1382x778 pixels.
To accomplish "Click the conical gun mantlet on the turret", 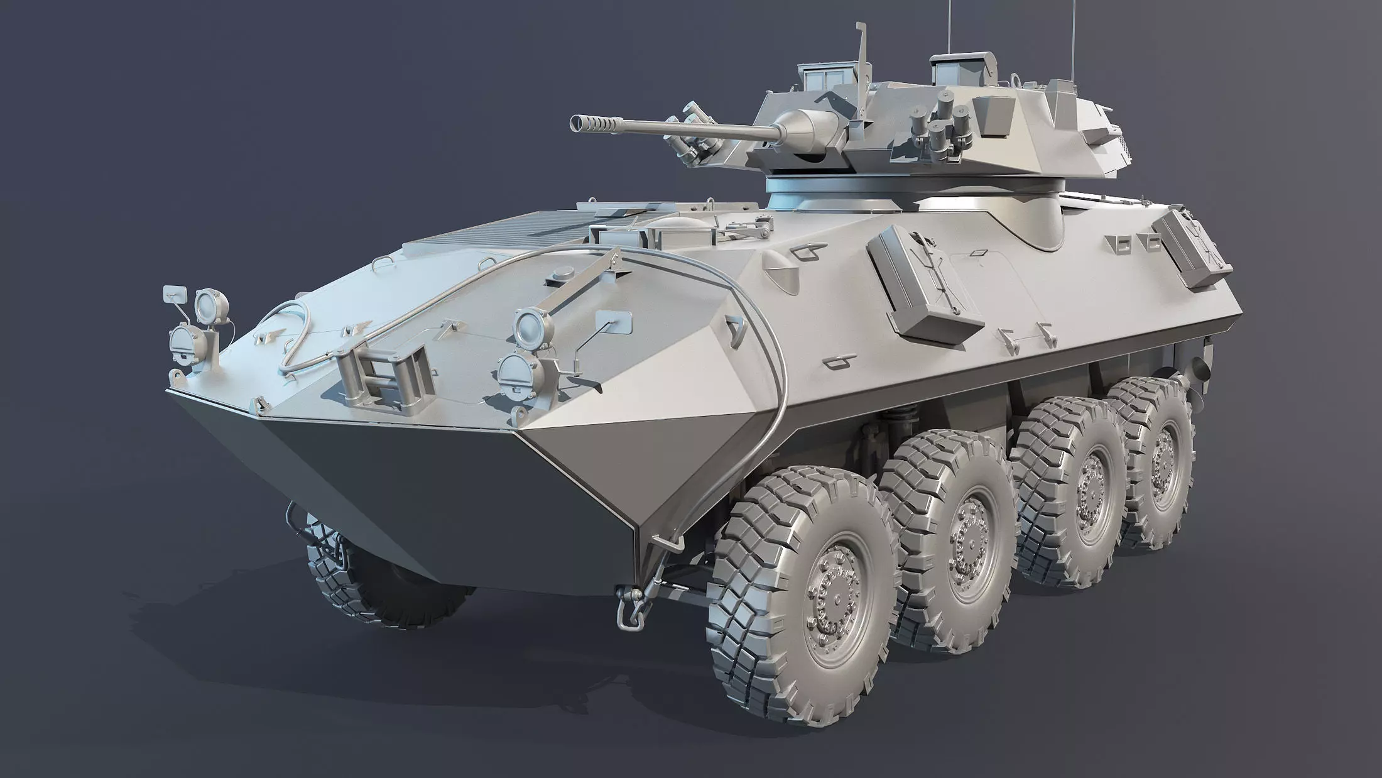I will coord(807,129).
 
